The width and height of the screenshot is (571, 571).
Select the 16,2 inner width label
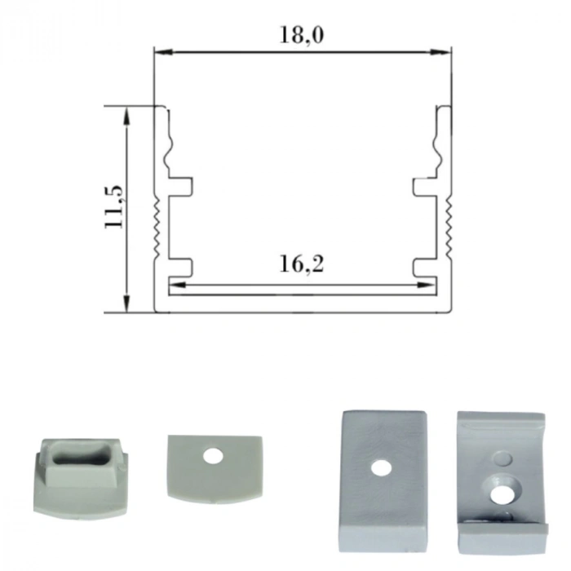coord(301,264)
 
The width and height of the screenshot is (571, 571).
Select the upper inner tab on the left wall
coord(181,187)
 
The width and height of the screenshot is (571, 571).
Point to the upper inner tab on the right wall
coord(423,187)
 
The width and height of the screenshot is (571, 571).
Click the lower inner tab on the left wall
coord(181,267)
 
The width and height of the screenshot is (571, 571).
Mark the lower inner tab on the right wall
coord(423,267)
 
